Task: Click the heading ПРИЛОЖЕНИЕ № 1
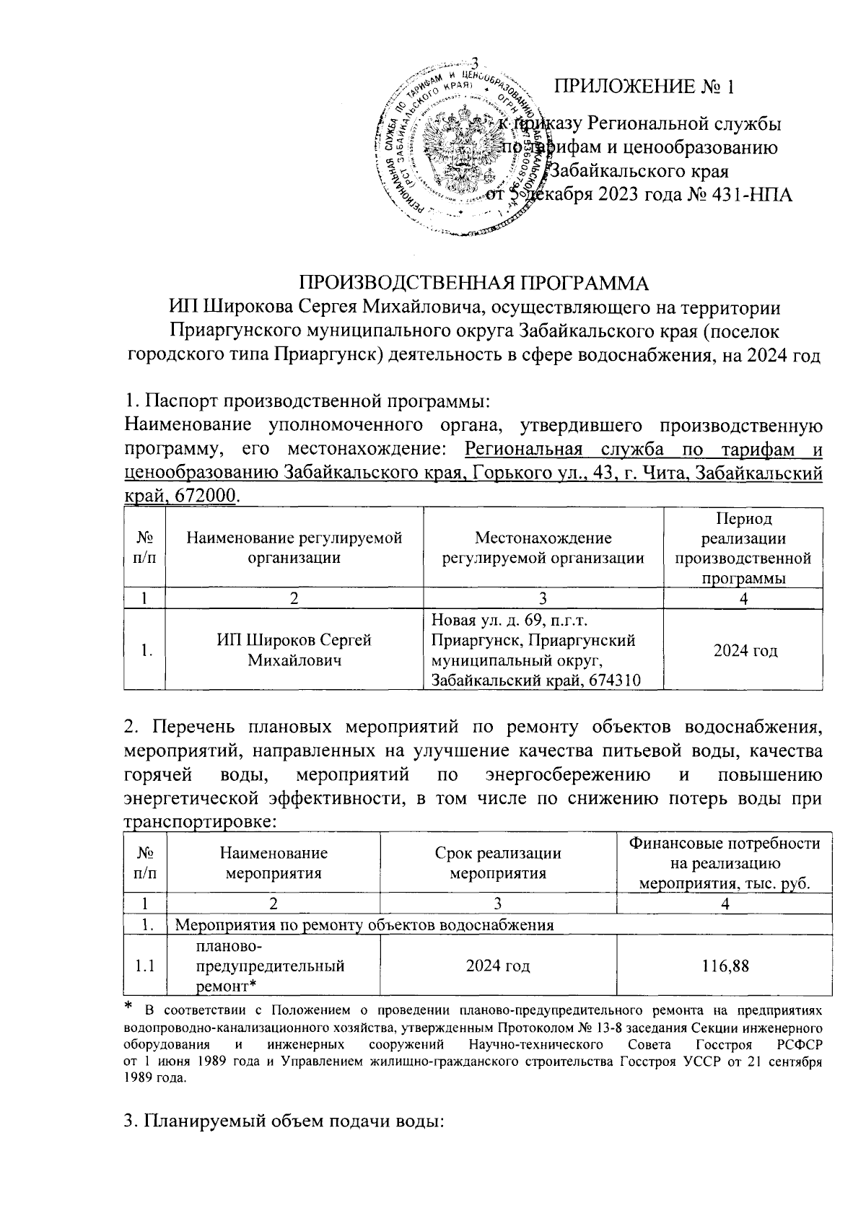click(x=643, y=87)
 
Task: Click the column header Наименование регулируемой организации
click(x=294, y=548)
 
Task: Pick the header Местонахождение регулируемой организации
click(x=543, y=548)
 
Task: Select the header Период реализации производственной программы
click(x=743, y=548)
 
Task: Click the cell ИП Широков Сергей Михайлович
click(x=294, y=650)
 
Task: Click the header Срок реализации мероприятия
click(x=498, y=863)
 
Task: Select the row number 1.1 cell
click(x=145, y=966)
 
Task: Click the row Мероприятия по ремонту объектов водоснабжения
click(x=365, y=925)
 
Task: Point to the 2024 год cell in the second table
click(x=498, y=966)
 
